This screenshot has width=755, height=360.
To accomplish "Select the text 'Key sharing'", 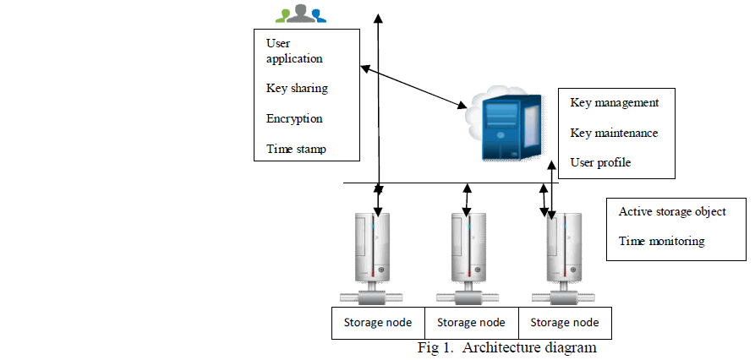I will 297,88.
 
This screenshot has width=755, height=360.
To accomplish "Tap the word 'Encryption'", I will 294,118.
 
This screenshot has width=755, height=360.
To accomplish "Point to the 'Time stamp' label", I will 296,150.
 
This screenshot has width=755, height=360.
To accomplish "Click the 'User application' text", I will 294,51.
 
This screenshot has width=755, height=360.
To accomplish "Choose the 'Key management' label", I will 615,102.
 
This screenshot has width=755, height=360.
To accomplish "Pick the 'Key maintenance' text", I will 614,133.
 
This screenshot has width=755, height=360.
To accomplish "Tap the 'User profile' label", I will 600,162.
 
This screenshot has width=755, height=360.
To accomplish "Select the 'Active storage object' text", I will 672,211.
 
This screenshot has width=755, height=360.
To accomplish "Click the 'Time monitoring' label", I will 661,241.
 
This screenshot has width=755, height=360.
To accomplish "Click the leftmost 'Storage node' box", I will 377,323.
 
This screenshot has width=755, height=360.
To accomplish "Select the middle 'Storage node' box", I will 471,323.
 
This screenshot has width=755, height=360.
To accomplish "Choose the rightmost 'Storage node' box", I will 565,323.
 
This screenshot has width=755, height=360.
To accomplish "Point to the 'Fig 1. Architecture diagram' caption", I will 507,348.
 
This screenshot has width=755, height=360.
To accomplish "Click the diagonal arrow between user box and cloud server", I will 413,86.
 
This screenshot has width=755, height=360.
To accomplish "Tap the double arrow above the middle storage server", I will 467,200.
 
